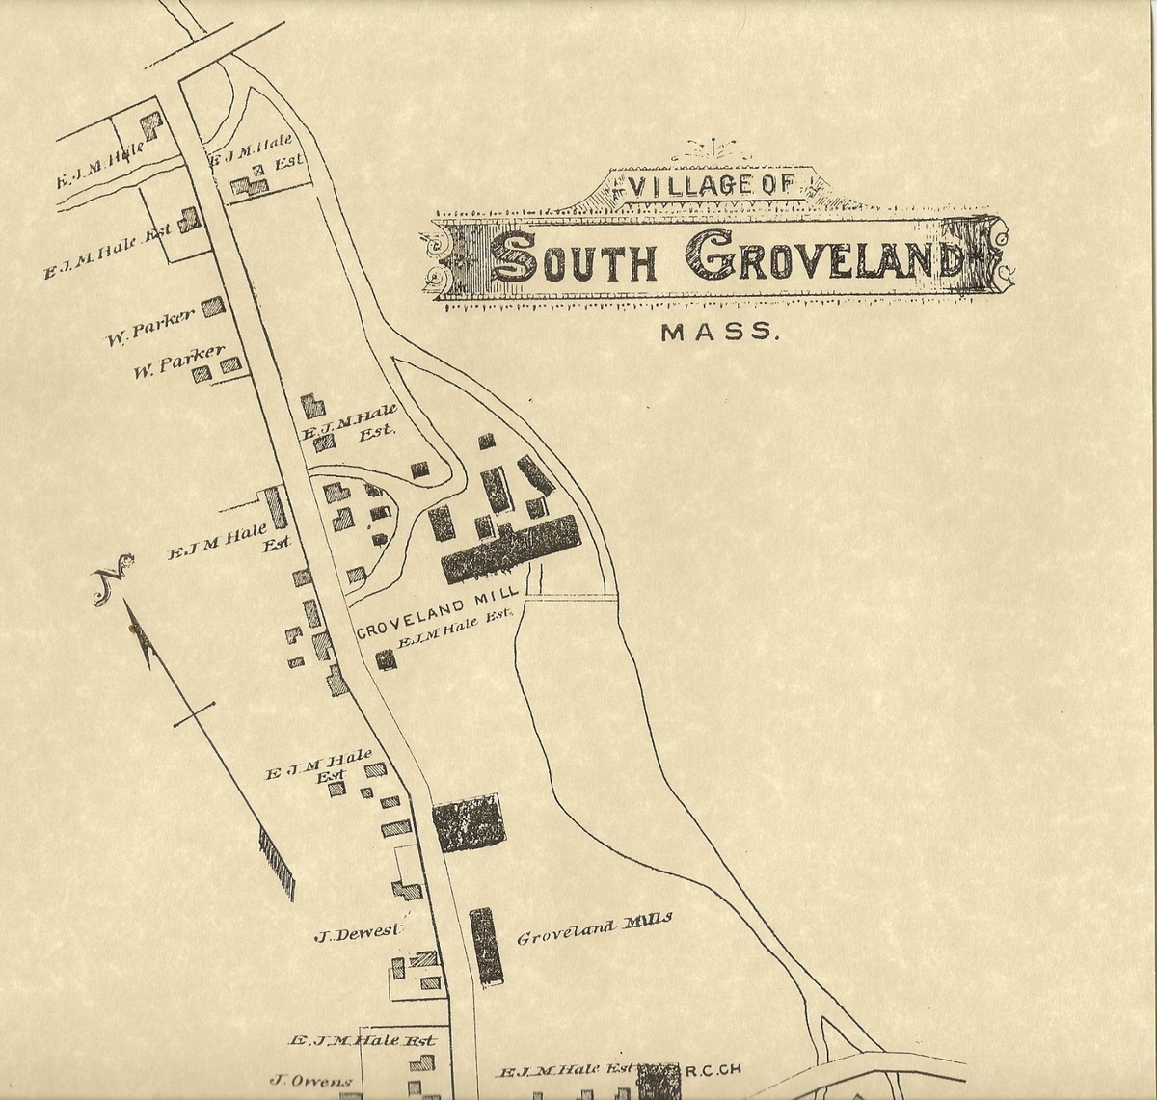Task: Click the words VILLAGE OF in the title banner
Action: [711, 186]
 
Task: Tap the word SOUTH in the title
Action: [575, 258]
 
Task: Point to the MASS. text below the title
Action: [718, 333]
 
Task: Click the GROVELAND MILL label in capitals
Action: [438, 617]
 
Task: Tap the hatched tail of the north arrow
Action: [277, 862]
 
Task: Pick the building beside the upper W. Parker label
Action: [213, 307]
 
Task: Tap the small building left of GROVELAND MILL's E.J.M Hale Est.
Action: [386, 659]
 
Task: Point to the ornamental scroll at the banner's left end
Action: [446, 261]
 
